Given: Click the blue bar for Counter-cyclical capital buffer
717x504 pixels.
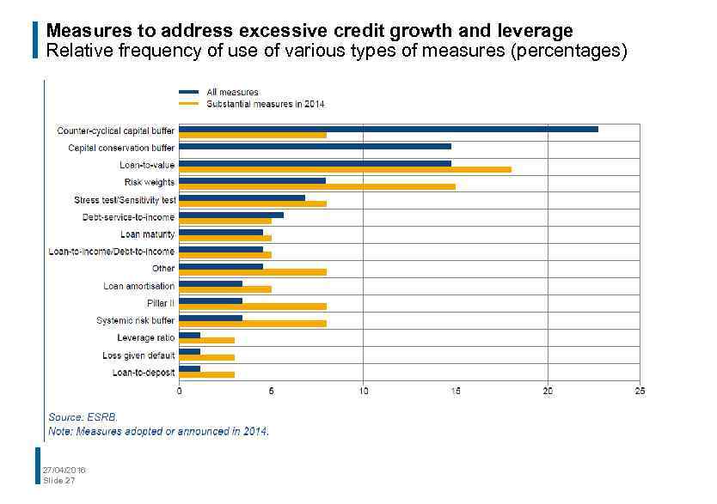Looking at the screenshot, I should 389,129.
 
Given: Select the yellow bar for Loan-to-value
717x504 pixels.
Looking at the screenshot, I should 345,169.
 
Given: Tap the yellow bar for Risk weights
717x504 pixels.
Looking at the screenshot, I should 317,186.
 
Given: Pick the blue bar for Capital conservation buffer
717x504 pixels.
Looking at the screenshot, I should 315,146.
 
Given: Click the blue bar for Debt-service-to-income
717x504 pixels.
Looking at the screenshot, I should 231,215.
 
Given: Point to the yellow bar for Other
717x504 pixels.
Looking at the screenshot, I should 253,272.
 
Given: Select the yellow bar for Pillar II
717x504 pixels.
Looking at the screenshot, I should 253,307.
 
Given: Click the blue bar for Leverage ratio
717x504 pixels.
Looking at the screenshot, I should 190,335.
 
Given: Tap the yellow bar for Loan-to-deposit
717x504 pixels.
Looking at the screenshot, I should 207,375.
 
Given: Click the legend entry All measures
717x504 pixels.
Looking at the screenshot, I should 231,92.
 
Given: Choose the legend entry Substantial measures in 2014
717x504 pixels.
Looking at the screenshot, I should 265,104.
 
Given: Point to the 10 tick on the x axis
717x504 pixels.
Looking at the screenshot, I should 364,392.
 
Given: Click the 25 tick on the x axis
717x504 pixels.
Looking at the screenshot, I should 639,392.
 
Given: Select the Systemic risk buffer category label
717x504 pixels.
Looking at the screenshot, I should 135,320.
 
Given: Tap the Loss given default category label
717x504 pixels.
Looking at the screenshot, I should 138,355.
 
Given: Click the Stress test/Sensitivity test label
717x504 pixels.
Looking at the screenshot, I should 125,199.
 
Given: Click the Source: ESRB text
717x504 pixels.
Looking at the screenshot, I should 83,416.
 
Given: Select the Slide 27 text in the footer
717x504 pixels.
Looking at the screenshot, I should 59,480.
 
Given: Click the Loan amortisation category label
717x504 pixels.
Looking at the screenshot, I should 138,286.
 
